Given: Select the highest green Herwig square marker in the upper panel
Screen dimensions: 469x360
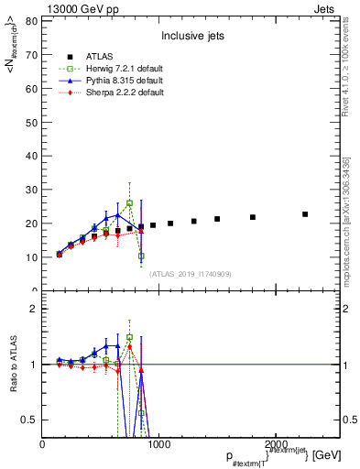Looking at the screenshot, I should (130, 202).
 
